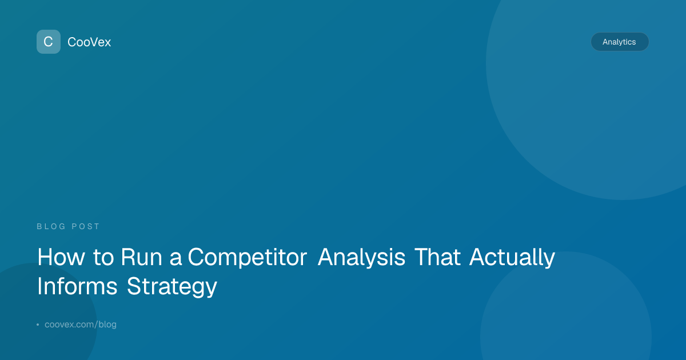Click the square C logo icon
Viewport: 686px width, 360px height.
[x=49, y=42]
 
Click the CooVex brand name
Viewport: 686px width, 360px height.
[x=89, y=42]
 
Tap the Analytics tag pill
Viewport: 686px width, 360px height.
[x=620, y=42]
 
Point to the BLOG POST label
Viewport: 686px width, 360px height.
[x=68, y=226]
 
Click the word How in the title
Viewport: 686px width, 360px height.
[x=61, y=257]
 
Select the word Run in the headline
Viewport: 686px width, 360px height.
[x=142, y=257]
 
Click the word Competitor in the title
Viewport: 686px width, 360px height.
[x=247, y=258]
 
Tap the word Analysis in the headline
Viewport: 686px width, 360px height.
[x=362, y=258]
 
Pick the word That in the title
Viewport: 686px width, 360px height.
[x=438, y=257]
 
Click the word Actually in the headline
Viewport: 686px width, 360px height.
[x=512, y=258]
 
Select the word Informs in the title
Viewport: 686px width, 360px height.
[x=77, y=286]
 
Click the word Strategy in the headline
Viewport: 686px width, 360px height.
[x=172, y=287]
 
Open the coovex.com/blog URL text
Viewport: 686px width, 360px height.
[x=81, y=324]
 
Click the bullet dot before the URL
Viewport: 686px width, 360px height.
[x=38, y=325]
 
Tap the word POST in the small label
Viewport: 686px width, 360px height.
[x=85, y=226]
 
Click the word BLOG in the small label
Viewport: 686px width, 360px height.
[x=51, y=226]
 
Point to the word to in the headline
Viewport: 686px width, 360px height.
[x=103, y=258]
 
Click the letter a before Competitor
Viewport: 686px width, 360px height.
[x=176, y=259]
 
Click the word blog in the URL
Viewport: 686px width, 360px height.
[x=107, y=325]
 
